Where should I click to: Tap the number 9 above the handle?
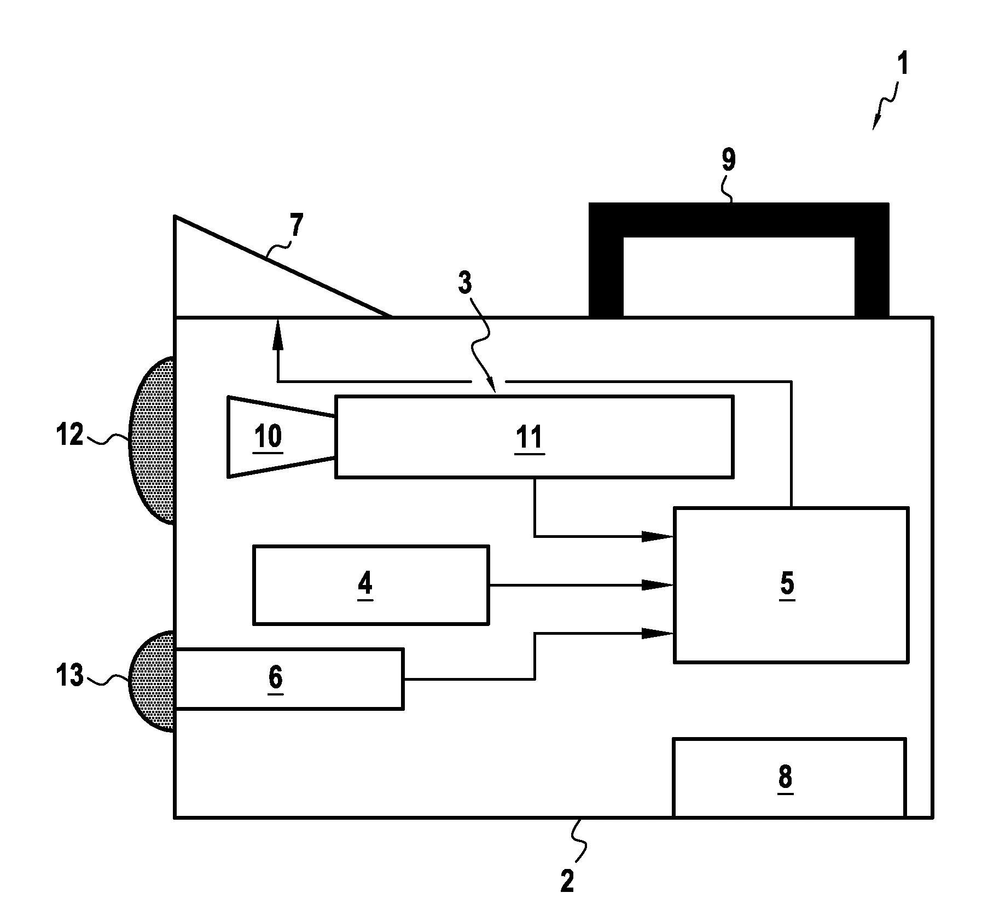pyautogui.click(x=728, y=160)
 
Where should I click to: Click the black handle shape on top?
pyautogui.click(x=738, y=219)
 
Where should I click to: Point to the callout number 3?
pyautogui.click(x=464, y=284)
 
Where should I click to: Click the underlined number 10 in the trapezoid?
pyautogui.click(x=268, y=437)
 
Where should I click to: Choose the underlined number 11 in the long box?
pyautogui.click(x=529, y=438)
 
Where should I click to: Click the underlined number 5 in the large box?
pyautogui.click(x=787, y=584)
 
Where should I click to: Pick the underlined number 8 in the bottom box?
pyautogui.click(x=785, y=777)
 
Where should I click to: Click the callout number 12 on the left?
pyautogui.click(x=69, y=435)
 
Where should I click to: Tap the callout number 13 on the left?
pyautogui.click(x=70, y=675)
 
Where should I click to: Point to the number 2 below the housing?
pyautogui.click(x=567, y=881)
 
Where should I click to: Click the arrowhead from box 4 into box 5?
pyautogui.click(x=656, y=585)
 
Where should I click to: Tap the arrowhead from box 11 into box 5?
pyautogui.click(x=656, y=536)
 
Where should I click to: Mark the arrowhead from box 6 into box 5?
pyautogui.click(x=656, y=633)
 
